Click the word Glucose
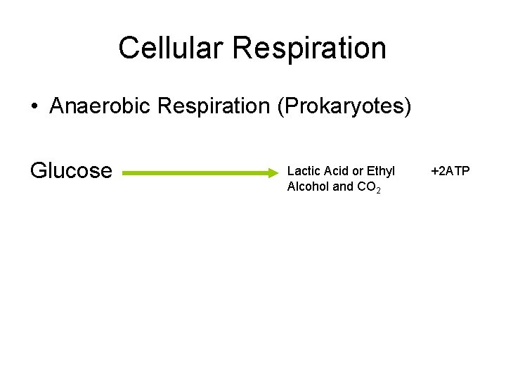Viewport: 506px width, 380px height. coord(71,170)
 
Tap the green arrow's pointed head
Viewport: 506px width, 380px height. coord(275,171)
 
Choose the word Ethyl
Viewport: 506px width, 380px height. coord(381,171)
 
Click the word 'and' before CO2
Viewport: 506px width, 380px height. coord(342,187)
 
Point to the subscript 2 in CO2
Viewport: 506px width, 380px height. coord(378,191)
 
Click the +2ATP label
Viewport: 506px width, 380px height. coord(450,171)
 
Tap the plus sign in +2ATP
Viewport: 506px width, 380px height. coord(434,171)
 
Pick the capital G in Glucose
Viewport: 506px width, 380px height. coord(38,170)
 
